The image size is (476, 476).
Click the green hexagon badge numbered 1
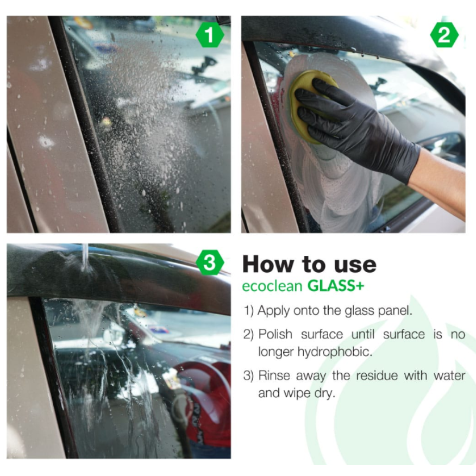[x=210, y=36]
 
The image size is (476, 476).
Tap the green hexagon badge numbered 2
[x=444, y=36]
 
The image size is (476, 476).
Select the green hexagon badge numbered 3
[x=210, y=264]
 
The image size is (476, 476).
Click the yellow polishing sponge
[x=306, y=103]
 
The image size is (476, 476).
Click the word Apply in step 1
[x=273, y=311]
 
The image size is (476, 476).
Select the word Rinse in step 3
[x=275, y=376]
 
